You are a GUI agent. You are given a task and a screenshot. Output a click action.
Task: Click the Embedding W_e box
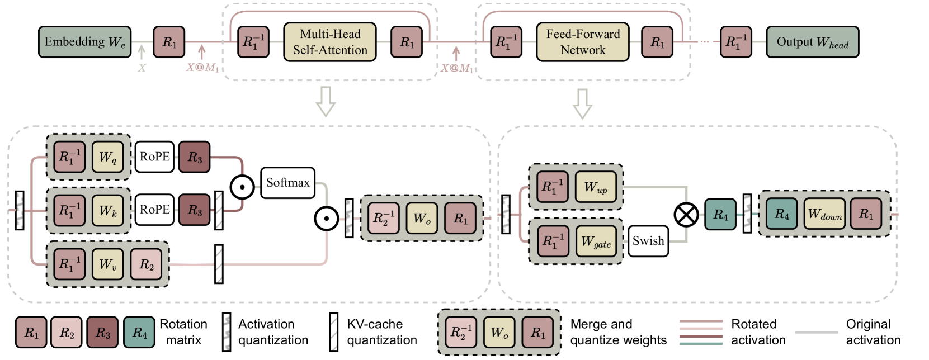pos(84,42)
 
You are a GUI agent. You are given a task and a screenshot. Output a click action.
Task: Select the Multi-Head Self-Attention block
pos(330,42)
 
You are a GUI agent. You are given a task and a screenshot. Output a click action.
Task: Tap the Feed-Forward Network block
pos(582,42)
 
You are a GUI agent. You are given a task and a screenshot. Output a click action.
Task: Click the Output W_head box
pos(812,42)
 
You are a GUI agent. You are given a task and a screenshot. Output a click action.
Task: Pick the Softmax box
pos(287,183)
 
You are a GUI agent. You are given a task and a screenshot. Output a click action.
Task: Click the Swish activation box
pos(648,241)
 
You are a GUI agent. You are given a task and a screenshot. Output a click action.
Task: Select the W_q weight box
pos(108,157)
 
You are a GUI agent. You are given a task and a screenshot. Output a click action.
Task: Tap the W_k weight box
pos(108,211)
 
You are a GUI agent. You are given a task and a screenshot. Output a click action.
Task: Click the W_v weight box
pos(108,264)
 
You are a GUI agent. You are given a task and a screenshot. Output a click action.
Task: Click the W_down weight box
pos(825,214)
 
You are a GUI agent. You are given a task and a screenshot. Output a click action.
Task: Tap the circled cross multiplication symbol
pos(686,215)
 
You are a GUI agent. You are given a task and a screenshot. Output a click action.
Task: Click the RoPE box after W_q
pos(154,157)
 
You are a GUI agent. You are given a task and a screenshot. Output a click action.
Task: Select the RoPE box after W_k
pos(154,210)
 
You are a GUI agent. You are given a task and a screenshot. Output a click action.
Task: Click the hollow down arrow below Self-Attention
pos(326,101)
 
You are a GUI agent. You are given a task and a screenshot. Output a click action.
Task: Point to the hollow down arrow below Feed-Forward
pos(582,103)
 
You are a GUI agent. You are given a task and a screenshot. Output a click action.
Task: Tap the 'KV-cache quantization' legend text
pos(381,332)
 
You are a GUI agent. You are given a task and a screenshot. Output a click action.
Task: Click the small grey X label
pos(142,68)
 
